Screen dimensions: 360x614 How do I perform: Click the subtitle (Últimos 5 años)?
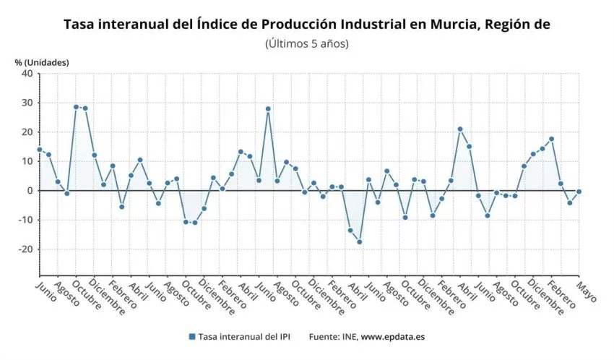(307, 43)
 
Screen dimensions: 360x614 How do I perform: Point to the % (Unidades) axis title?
(42, 62)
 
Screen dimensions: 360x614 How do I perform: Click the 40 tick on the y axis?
(27, 73)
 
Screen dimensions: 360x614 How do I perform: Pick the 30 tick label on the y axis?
(27, 103)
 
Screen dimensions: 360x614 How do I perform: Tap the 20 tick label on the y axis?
(27, 132)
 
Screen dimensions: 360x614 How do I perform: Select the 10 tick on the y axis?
(27, 161)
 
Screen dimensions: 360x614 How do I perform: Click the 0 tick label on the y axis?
(30, 191)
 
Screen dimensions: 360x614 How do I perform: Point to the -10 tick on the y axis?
(25, 220)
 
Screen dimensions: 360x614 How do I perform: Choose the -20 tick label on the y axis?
(25, 249)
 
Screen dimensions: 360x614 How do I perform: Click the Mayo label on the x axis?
(586, 290)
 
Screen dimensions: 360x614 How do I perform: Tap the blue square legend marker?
(191, 337)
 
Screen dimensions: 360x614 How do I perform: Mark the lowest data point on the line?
(359, 241)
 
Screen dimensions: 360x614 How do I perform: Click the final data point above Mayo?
(579, 192)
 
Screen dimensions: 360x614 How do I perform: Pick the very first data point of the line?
(40, 150)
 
